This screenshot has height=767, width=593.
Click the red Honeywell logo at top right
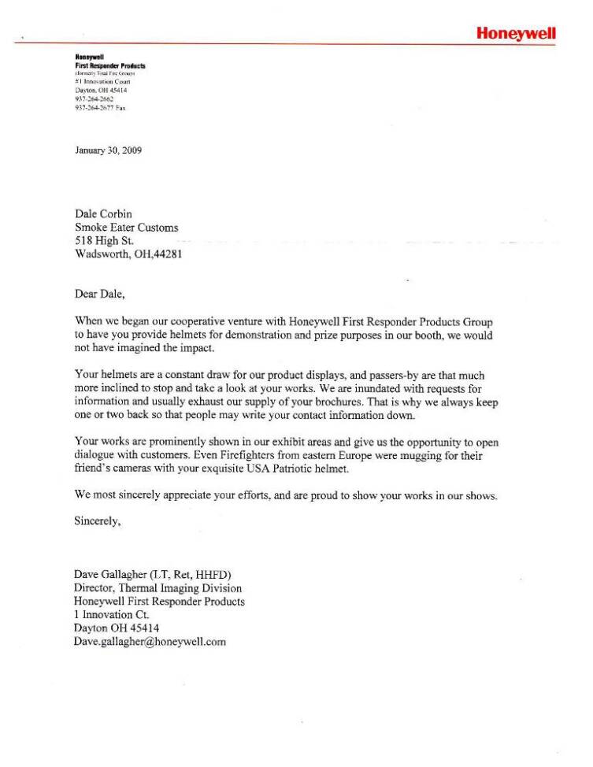pos(516,33)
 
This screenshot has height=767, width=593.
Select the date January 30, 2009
pos(108,150)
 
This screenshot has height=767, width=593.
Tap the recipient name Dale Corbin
pos(105,213)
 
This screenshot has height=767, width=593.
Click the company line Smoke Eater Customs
pos(126,228)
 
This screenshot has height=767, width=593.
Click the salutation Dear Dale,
pos(100,295)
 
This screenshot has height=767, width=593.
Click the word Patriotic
pos(302,469)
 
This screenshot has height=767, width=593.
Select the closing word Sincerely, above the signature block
pos(98,521)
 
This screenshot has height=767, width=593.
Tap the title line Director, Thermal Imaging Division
pos(158,588)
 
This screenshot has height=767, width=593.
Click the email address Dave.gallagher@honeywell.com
pos(150,642)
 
